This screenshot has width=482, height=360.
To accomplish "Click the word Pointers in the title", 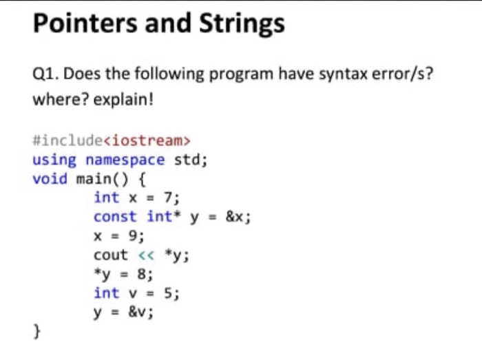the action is point(85,23).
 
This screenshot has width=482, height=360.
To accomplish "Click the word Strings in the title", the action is point(242,24).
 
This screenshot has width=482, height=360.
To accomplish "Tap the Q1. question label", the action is point(46,74).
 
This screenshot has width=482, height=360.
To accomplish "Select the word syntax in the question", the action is point(343,74).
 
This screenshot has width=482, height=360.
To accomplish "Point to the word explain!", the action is point(123,100).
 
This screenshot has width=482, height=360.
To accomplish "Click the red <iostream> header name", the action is point(147,140).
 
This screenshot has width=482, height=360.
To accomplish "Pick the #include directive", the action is point(67,140).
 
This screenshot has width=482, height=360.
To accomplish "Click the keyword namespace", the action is point(125,160).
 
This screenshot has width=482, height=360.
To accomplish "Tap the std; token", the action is point(191,160).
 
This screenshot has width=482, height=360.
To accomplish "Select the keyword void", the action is point(50,179).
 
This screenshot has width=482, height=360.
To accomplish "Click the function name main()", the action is point(102,179).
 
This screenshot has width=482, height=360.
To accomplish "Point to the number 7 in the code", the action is point(168,197).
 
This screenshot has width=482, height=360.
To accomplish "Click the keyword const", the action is point(115,217).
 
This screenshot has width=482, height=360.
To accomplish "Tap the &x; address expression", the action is point(238,217).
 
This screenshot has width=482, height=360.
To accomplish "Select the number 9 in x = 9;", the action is point(133,236).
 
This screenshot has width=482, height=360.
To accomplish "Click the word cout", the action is point(111,255).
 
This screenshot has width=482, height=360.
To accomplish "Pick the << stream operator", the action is point(146,255).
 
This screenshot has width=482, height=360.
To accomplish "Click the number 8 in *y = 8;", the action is point(142,274).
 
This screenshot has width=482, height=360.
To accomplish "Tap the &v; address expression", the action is point(140,313).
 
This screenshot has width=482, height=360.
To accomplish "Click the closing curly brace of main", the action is point(37,331).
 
